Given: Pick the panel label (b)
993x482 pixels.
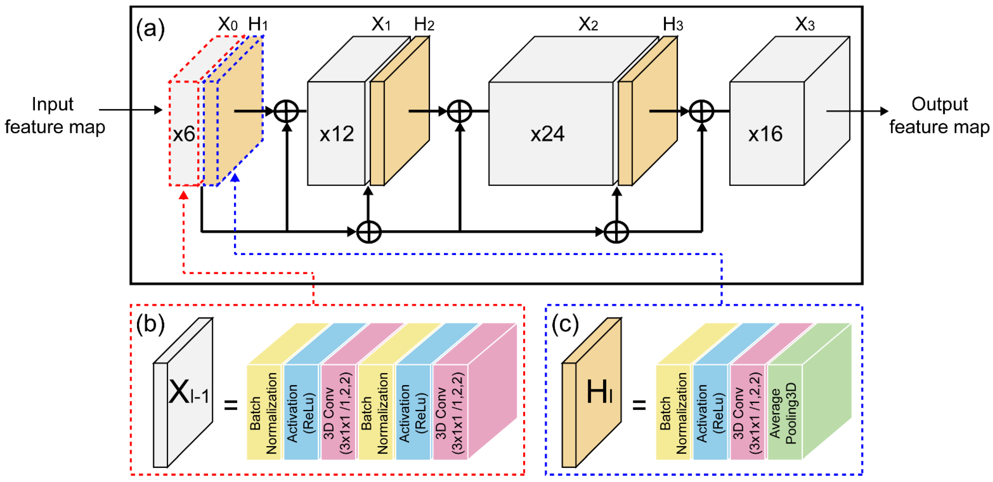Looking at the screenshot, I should tap(150, 324).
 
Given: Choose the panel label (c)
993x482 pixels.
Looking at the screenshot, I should tap(565, 324).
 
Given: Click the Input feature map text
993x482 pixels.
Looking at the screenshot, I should tap(54, 116).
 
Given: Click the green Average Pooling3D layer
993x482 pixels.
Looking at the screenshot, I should tap(784, 412).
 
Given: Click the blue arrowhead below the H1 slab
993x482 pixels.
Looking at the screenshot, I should tap(235, 177).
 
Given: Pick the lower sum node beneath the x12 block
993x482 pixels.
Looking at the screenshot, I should tap(369, 232).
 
